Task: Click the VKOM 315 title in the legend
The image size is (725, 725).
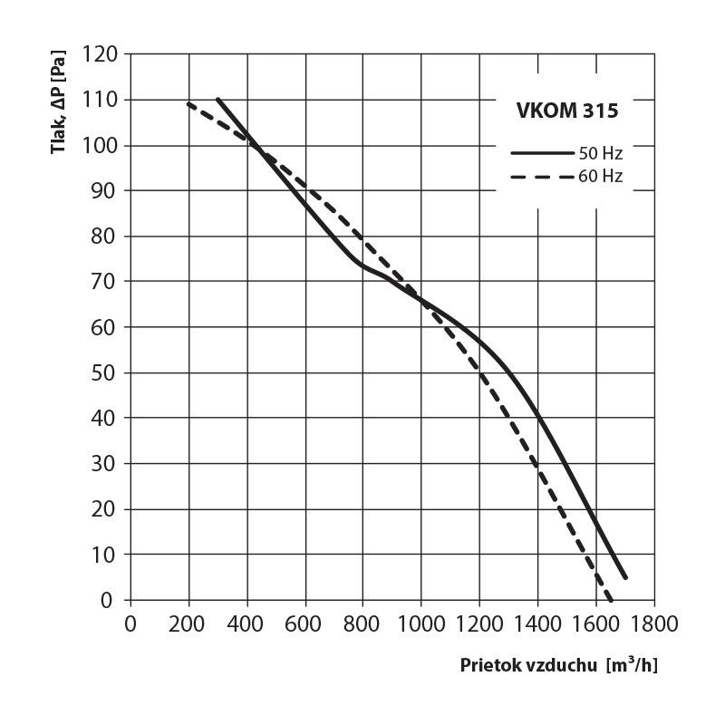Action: pos(562,112)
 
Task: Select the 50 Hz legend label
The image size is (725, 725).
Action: pos(600,153)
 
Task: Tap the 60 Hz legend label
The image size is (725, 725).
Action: pos(600,177)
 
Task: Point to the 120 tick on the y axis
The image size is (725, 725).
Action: pos(101,53)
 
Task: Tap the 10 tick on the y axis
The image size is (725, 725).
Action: pos(106,554)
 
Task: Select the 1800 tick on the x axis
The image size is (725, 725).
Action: pos(653,624)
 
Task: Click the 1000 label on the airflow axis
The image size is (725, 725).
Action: pos(420,624)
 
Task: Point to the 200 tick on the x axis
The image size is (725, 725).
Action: pos(188,624)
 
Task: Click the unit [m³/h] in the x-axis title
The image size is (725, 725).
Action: pos(631,665)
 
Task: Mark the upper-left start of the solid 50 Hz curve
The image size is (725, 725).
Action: pos(218,99)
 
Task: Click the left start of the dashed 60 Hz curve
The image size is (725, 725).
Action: pos(188,103)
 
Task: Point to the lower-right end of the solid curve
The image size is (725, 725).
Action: pos(625,576)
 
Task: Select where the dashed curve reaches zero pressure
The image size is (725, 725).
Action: pos(611,599)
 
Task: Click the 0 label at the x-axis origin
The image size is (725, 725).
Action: pos(130,624)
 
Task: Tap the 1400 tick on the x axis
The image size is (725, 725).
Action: pos(537,624)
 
